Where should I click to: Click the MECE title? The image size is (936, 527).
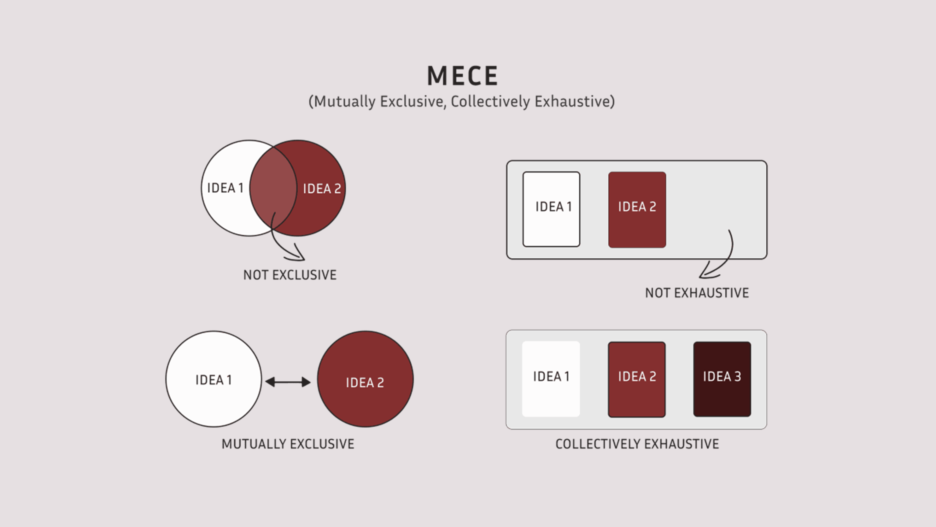462,76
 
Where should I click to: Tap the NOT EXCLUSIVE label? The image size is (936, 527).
290,275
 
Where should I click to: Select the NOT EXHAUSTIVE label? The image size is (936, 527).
697,293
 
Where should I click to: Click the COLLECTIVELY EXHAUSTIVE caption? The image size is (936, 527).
637,444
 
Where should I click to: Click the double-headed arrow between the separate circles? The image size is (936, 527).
288,382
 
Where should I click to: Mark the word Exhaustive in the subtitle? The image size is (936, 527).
574,101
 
